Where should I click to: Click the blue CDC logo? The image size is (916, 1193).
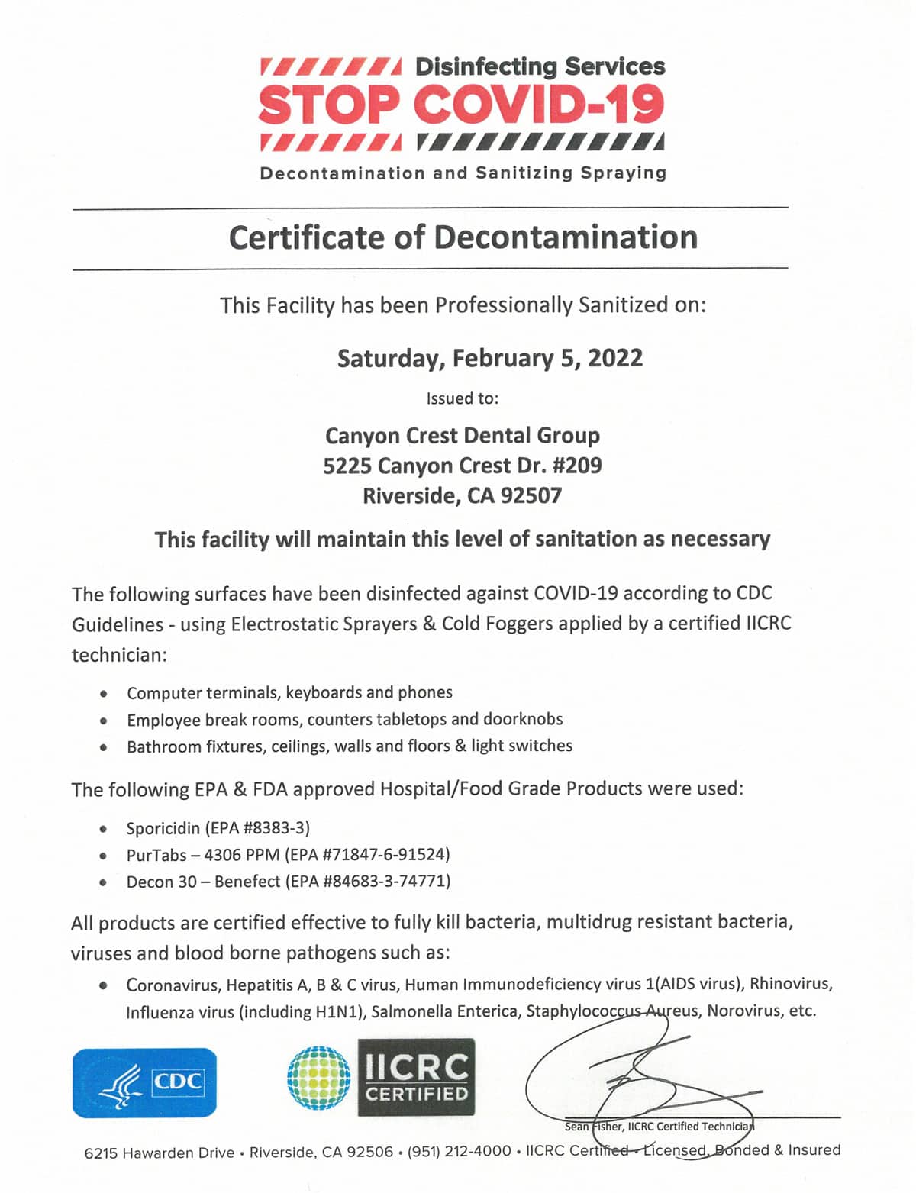(144, 1082)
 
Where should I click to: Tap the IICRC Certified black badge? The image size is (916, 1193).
(416, 1077)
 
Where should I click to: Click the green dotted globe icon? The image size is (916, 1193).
(319, 1077)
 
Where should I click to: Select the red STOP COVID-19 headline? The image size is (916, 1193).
(461, 105)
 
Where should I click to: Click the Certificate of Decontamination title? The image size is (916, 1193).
(463, 237)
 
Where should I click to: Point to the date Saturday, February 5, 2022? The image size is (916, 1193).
(490, 358)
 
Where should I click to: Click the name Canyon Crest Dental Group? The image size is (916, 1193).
(463, 436)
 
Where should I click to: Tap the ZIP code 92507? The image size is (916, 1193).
(531, 496)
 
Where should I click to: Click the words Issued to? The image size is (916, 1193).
(463, 398)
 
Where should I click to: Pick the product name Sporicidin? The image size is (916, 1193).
(163, 828)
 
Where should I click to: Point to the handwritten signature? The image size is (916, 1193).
(641, 1076)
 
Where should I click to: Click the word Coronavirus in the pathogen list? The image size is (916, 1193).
(172, 985)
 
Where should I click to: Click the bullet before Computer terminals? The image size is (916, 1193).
(103, 694)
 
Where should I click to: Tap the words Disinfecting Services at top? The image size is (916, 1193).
(540, 67)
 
